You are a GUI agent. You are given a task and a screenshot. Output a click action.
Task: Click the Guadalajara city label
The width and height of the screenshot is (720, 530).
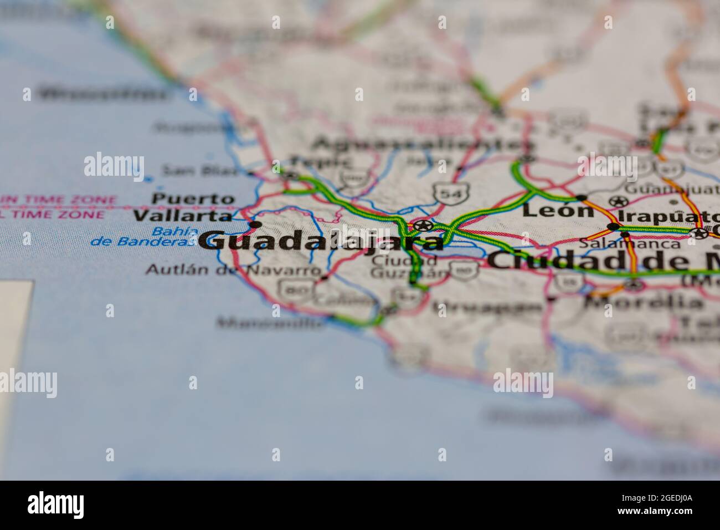tap(321, 242)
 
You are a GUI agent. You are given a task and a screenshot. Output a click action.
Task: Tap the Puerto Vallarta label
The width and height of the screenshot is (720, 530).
tap(183, 207)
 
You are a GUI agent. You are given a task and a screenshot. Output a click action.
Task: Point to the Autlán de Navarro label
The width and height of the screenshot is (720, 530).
tap(233, 270)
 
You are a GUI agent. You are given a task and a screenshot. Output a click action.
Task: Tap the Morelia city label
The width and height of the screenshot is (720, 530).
tap(642, 303)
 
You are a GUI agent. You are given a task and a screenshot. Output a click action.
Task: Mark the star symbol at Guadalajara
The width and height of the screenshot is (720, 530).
tap(424, 225)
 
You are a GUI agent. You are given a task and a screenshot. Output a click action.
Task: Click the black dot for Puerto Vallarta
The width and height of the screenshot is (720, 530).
tap(255, 224)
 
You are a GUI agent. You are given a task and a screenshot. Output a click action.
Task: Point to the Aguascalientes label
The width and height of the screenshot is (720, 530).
tap(424, 145)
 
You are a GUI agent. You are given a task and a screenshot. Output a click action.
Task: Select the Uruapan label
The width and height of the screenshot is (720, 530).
tap(487, 307)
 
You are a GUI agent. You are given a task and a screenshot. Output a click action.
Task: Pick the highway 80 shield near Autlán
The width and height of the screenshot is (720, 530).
tap(291, 289)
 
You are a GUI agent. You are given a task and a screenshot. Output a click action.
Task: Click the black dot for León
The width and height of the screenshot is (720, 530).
tap(581, 197)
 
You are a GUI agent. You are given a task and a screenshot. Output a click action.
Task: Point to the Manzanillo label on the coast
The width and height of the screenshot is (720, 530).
tap(271, 322)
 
